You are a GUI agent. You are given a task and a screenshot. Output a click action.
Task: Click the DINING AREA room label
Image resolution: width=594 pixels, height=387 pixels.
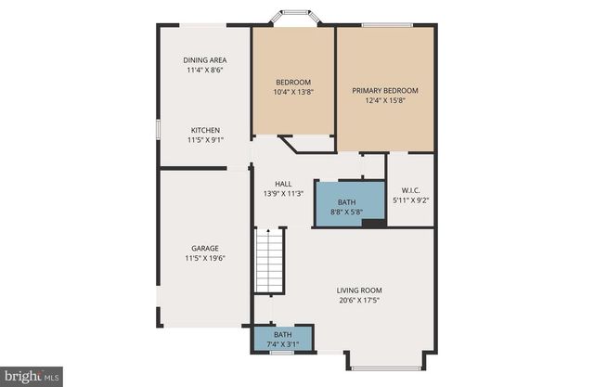205,59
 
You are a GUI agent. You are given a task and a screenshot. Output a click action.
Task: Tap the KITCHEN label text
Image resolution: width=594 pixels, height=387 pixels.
205,130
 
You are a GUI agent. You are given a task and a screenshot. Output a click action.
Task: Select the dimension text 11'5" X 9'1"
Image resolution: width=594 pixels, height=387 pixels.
205,140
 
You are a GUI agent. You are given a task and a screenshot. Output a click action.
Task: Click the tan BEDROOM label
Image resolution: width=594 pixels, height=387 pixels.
293,81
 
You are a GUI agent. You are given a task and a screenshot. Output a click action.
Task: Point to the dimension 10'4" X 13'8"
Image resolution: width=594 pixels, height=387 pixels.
293,91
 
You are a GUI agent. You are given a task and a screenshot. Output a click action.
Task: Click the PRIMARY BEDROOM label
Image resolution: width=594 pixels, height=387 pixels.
385,91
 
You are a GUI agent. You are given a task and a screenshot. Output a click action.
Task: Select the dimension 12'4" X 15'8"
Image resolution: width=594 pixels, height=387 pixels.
385,101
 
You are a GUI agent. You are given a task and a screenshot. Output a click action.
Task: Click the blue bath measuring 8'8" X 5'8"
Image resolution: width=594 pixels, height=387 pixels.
346,206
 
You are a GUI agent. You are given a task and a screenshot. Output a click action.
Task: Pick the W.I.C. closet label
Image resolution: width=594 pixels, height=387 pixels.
409,188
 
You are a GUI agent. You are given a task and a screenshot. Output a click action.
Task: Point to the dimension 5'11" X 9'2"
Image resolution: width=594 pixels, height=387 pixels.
409,199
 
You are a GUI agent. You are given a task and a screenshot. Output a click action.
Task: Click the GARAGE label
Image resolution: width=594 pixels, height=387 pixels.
205,248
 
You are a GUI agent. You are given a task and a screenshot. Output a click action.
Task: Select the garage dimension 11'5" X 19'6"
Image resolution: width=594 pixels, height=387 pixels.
205,258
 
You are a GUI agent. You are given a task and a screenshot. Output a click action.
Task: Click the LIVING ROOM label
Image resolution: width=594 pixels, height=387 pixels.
359,290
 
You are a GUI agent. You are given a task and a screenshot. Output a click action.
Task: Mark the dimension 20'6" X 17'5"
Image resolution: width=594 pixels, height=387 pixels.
359,300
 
